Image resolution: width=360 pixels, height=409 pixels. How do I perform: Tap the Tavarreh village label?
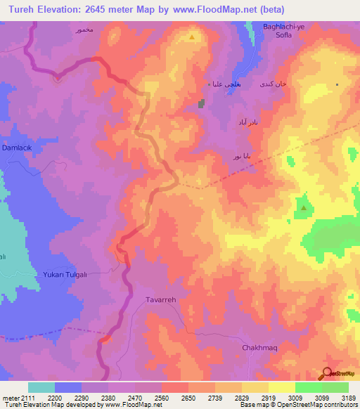point(160,299)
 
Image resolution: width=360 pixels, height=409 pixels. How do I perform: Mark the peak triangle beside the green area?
point(303,208)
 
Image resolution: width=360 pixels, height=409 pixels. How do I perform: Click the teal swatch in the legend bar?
point(41,387)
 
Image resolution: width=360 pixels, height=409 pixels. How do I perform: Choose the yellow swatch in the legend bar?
point(282,387)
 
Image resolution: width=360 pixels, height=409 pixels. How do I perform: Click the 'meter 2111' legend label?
point(16,398)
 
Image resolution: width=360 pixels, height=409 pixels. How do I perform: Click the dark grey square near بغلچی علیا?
point(202,104)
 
